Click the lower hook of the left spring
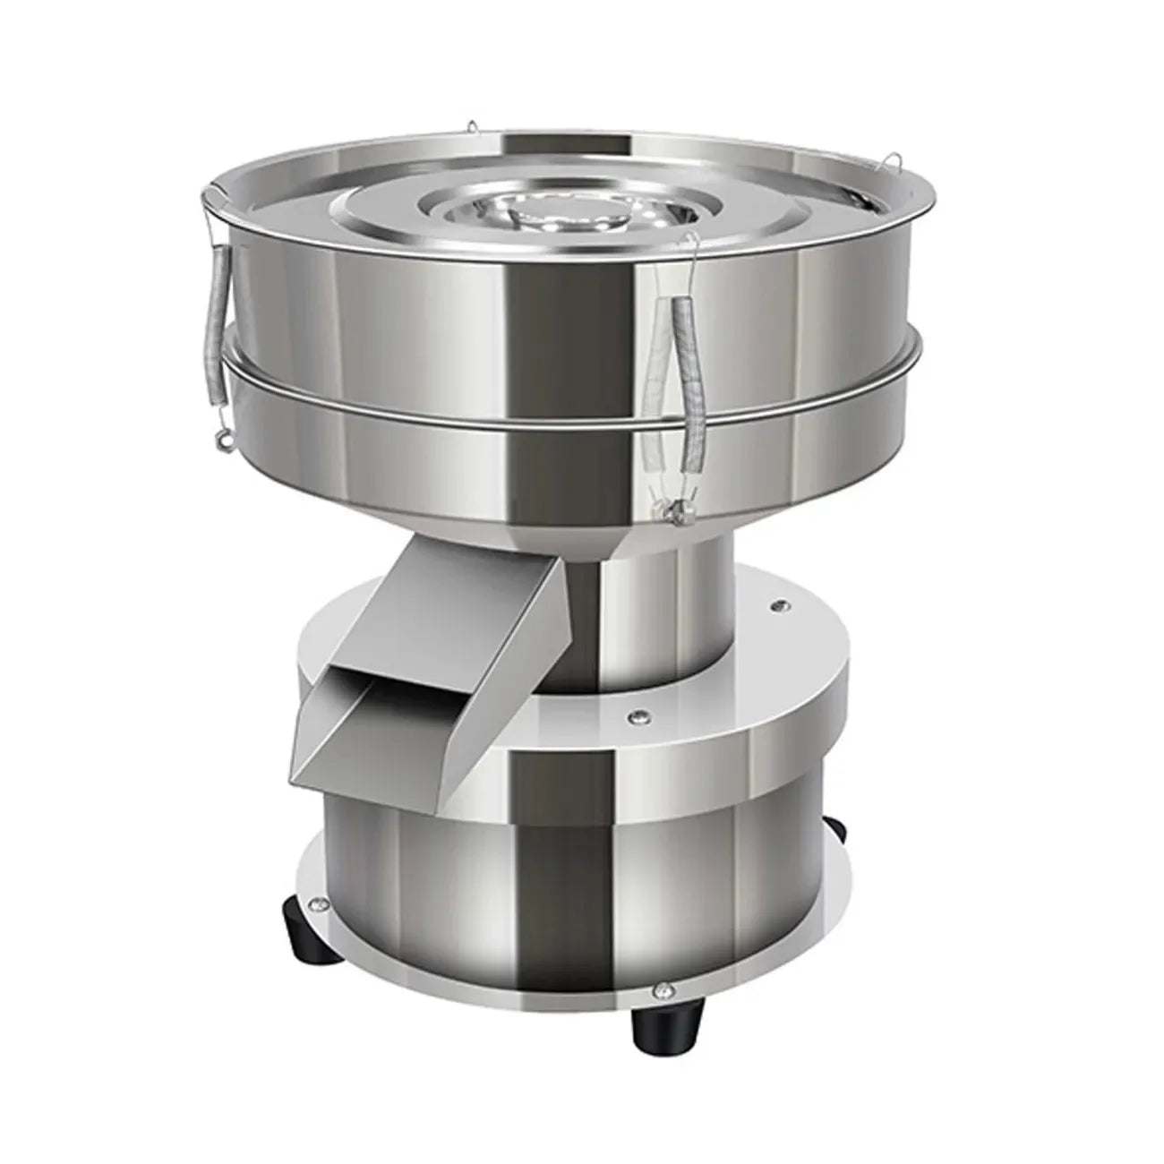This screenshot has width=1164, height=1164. coord(218,439)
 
